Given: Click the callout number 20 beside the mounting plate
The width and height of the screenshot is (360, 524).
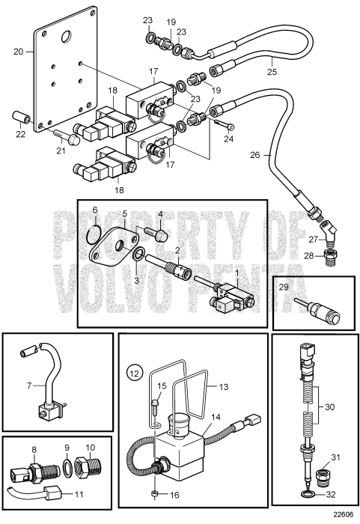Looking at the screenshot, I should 19,52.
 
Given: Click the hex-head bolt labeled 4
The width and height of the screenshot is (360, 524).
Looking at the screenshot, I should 158,234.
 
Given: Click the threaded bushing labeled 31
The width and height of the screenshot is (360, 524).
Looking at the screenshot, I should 325,476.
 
